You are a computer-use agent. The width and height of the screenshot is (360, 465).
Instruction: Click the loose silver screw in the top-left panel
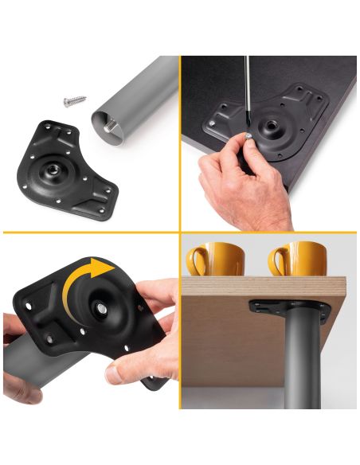click(74, 101)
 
